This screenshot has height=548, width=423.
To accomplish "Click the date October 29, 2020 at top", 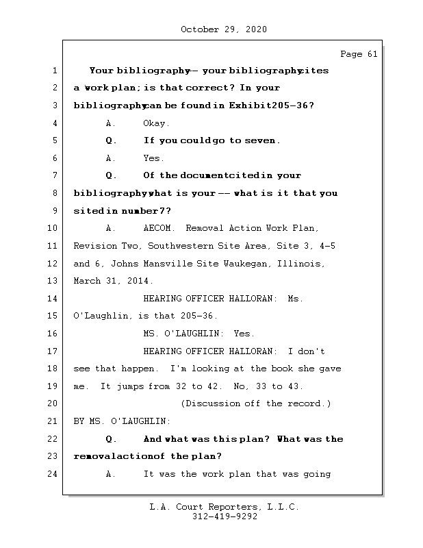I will pyautogui.click(x=224, y=29).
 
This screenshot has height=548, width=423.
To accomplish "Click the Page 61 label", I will pyautogui.click(x=359, y=54).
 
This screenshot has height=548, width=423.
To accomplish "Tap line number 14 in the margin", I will pyautogui.click(x=53, y=299).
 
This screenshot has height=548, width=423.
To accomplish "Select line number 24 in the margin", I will pyautogui.click(x=53, y=474).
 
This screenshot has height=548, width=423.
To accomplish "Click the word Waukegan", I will pyautogui.click(x=251, y=264).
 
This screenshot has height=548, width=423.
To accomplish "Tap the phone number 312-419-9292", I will pyautogui.click(x=224, y=517).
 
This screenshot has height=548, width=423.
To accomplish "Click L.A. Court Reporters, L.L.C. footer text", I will pyautogui.click(x=224, y=507).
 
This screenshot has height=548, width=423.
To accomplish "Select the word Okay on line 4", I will pyautogui.click(x=157, y=123).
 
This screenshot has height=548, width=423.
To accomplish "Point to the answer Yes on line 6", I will pyautogui.click(x=153, y=158).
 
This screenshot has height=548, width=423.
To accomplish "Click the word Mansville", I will pyautogui.click(x=155, y=264).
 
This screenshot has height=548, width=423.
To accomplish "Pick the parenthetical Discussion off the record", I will pyautogui.click(x=255, y=403).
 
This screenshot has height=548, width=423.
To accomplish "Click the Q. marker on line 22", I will pyautogui.click(x=112, y=439).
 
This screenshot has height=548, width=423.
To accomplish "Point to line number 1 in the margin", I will pyautogui.click(x=53, y=71).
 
